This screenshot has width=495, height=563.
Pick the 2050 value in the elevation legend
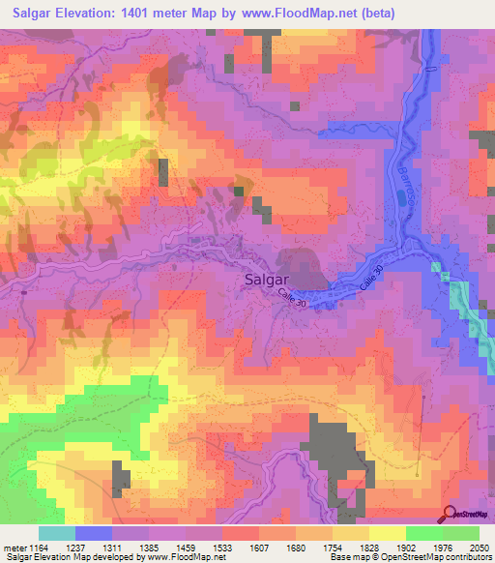pyautogui.click(x=479, y=547)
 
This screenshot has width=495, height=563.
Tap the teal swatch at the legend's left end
pyautogui.click(x=56, y=533)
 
